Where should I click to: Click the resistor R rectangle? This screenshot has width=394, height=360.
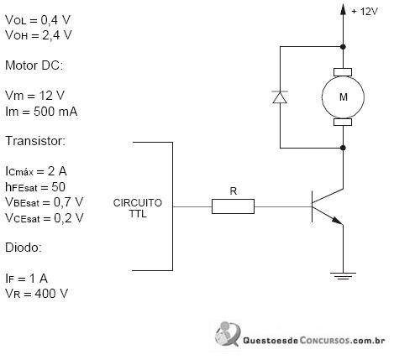point(233,206)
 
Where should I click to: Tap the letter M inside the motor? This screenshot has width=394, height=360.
point(344,97)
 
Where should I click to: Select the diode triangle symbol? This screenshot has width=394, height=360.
point(280,97)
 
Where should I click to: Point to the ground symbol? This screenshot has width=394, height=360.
point(343,276)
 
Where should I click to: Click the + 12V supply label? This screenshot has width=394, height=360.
point(365,12)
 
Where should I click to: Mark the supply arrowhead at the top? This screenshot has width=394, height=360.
point(343,8)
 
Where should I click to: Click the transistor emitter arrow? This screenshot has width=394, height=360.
point(337,220)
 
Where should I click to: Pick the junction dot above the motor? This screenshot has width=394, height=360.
point(343,47)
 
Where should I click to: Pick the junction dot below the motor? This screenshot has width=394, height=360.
point(343,148)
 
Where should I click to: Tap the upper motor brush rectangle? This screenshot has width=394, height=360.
point(343,72)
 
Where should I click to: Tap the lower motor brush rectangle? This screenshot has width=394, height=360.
point(343,122)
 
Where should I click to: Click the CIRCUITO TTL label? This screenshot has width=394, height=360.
point(138,208)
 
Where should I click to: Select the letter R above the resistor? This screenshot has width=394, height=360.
point(234,191)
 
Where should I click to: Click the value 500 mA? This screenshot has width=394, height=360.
point(55,112)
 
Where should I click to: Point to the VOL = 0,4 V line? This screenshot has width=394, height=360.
point(38,20)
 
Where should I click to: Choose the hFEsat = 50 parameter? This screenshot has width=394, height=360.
point(35,187)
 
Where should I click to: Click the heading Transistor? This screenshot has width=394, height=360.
point(35,141)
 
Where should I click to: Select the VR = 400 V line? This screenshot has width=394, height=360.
point(36,294)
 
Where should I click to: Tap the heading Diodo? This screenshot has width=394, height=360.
point(24,248)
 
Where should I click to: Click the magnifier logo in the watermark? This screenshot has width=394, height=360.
point(228,334)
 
